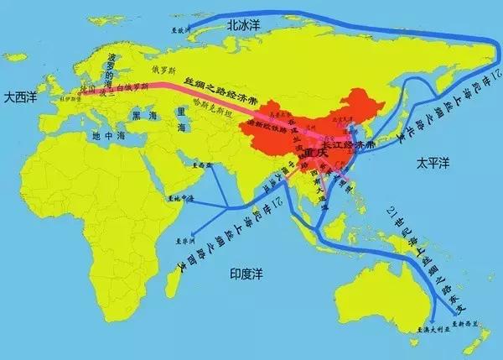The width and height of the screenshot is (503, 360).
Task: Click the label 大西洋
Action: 19,99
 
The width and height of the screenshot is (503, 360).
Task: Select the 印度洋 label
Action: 248,274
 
